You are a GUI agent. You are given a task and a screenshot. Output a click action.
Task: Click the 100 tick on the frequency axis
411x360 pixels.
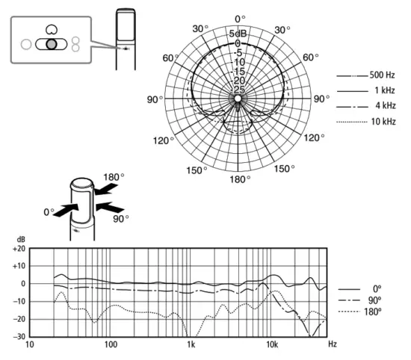click(x=111, y=345)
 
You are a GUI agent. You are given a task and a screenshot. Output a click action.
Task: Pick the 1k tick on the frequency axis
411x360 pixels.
click(x=191, y=345)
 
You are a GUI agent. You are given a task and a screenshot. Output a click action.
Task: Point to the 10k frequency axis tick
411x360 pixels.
click(x=272, y=345)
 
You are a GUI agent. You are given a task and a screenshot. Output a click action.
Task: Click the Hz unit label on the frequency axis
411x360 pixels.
click(x=332, y=345)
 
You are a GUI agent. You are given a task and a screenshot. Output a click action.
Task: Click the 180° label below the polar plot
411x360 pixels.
click(x=239, y=179)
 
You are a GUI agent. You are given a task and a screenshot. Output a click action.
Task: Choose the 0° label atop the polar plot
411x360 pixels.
click(x=239, y=18)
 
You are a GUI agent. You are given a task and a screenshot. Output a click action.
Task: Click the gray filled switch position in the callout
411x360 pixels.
click(x=50, y=44)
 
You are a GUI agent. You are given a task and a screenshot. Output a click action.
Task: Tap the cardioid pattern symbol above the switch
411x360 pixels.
click(x=50, y=28)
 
